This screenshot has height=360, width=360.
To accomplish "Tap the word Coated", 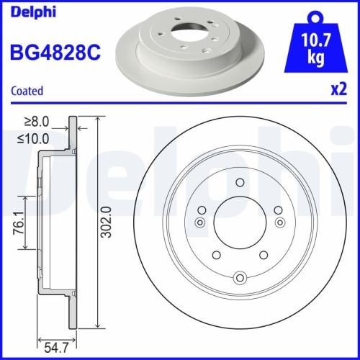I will tap(28, 91).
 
